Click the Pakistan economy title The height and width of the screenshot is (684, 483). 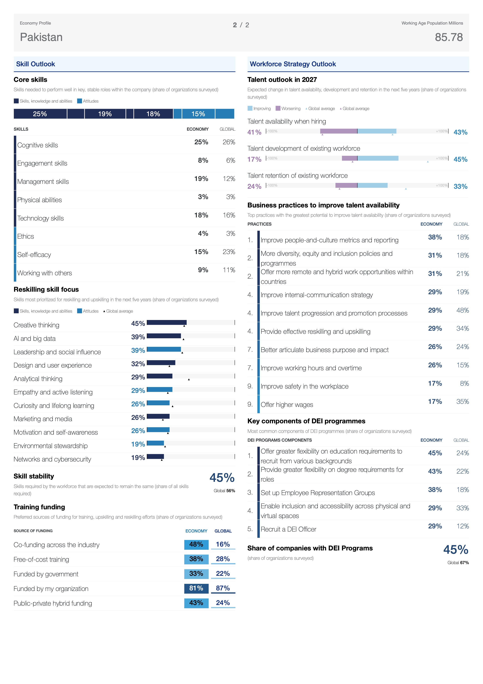click(41, 37)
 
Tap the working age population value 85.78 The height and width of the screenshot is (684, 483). click(449, 37)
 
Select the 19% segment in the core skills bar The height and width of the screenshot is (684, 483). click(105, 114)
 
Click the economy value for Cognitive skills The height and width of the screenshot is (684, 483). click(201, 142)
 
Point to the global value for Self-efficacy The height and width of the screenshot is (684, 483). click(229, 252)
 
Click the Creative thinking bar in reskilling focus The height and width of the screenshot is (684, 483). click(167, 322)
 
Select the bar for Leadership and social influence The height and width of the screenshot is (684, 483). click(164, 349)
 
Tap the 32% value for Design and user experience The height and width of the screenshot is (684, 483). click(138, 364)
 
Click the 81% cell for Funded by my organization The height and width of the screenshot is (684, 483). click(196, 588)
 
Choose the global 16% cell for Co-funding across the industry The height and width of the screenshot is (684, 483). click(223, 544)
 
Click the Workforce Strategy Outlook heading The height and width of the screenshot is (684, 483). click(293, 64)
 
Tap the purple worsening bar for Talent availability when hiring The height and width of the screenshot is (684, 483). click(339, 131)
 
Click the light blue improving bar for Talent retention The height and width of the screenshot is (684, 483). click(373, 185)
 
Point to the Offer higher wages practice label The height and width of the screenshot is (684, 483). click(287, 405)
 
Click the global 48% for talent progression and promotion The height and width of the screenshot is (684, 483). click(463, 310)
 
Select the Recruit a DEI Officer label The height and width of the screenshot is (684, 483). click(288, 529)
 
